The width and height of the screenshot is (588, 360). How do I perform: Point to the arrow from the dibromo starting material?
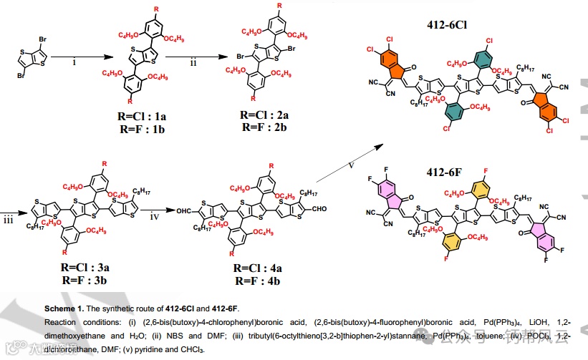click(x=74, y=55)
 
